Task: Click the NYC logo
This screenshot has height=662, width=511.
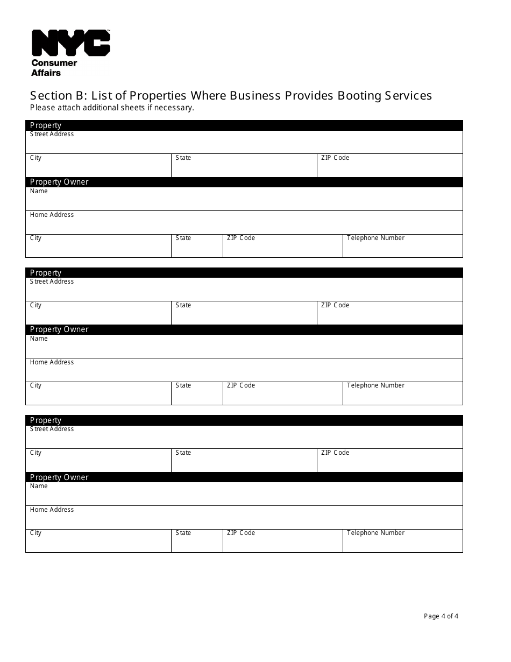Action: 70,43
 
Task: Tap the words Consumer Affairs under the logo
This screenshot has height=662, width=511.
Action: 54,68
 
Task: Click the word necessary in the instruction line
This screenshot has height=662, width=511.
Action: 174,108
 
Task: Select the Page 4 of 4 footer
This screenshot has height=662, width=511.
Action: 441,616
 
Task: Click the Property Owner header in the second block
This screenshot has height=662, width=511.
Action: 59,329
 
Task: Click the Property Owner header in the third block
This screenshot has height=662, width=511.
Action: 59,477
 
